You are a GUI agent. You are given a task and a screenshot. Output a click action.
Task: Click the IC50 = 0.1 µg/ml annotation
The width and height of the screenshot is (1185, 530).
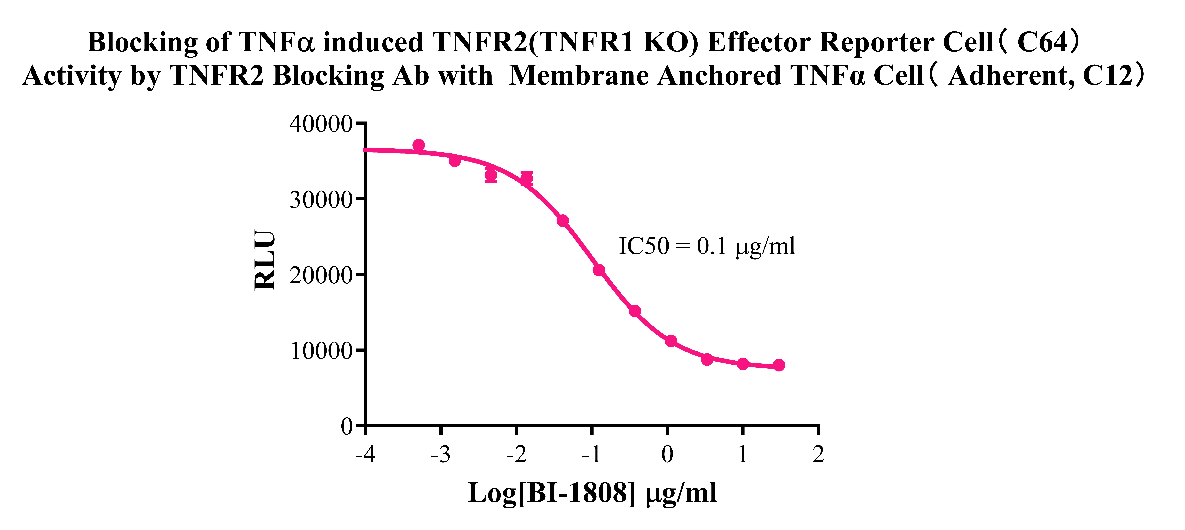point(707,246)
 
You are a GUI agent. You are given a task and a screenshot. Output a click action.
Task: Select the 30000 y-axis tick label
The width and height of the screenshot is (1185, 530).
point(321,200)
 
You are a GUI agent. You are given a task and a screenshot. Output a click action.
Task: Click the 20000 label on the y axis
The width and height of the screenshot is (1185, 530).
point(321,275)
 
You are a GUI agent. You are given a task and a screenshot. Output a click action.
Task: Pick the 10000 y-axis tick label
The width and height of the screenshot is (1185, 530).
point(321,351)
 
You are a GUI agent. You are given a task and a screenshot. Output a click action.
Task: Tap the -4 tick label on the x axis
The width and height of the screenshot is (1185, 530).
point(365,455)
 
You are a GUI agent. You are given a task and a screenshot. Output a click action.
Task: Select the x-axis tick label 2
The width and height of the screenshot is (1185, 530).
point(818,455)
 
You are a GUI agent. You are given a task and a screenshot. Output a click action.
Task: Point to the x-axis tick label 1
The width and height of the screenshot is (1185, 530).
point(742,455)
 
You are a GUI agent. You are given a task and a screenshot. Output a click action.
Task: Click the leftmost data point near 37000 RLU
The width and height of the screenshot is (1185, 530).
point(419,145)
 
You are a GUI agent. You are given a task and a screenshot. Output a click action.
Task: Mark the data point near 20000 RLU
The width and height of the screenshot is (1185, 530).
point(599,270)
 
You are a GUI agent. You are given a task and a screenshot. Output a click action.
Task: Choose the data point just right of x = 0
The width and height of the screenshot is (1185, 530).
point(671,341)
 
